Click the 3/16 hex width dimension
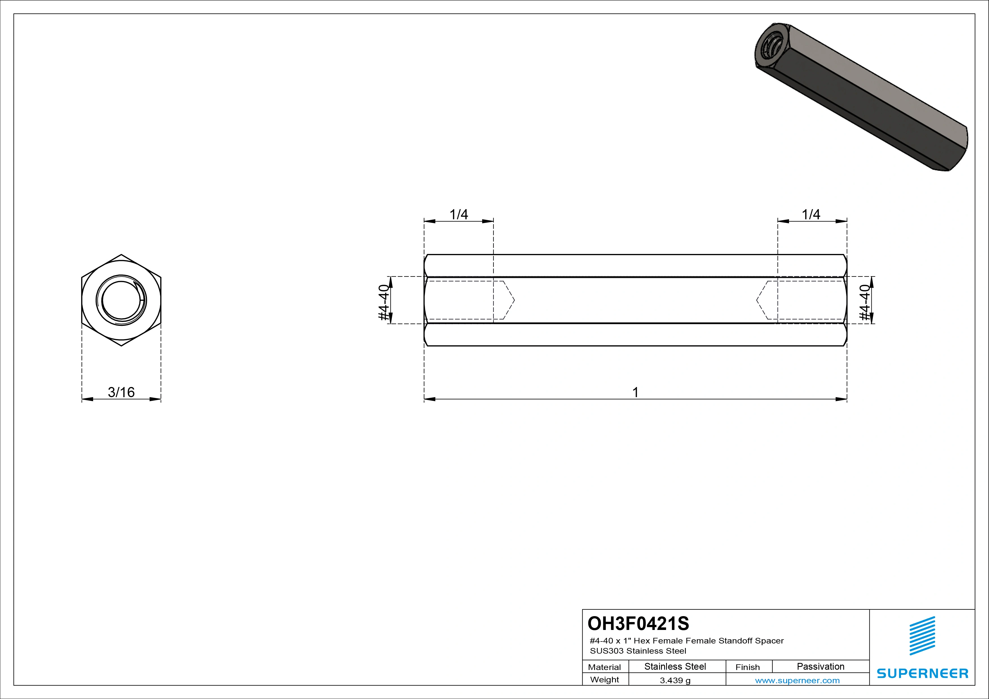(121, 392)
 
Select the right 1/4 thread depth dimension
(811, 214)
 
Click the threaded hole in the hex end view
(121, 300)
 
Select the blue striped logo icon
(922, 636)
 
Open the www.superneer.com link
(797, 680)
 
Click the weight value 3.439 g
(675, 680)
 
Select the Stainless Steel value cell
(675, 667)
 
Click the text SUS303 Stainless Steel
(638, 651)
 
